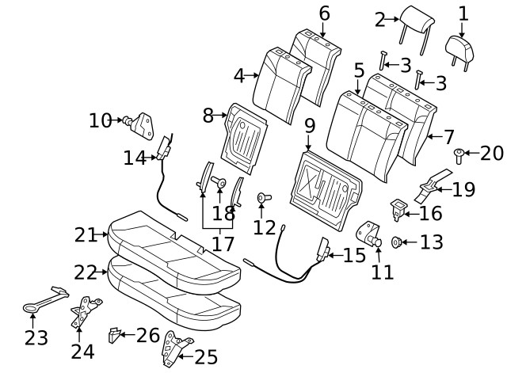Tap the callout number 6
(323, 13)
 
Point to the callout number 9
(309, 124)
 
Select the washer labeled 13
(398, 242)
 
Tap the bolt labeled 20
(459, 155)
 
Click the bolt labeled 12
(263, 198)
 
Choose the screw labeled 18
(220, 185)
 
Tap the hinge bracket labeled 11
(371, 236)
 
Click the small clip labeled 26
(116, 336)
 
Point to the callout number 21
(85, 234)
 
